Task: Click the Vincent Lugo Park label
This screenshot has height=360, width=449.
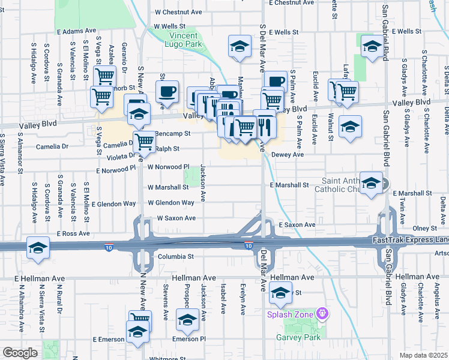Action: click(184, 40)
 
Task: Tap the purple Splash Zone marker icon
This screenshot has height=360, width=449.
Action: click(323, 313)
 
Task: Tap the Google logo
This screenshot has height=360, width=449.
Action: click(20, 353)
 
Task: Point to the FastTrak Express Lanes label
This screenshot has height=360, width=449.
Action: click(412, 241)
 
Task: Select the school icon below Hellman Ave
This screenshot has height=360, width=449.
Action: click(280, 293)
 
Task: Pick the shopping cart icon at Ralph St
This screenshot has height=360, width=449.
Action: click(144, 142)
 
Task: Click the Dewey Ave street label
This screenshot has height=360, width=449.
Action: click(288, 154)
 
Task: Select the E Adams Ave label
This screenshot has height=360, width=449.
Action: click(77, 31)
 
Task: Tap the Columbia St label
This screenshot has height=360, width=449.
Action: click(176, 256)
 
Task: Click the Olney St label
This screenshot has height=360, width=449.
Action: click(424, 228)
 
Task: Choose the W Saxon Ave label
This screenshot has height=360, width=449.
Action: click(176, 218)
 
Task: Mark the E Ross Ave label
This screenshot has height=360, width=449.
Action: click(73, 233)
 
